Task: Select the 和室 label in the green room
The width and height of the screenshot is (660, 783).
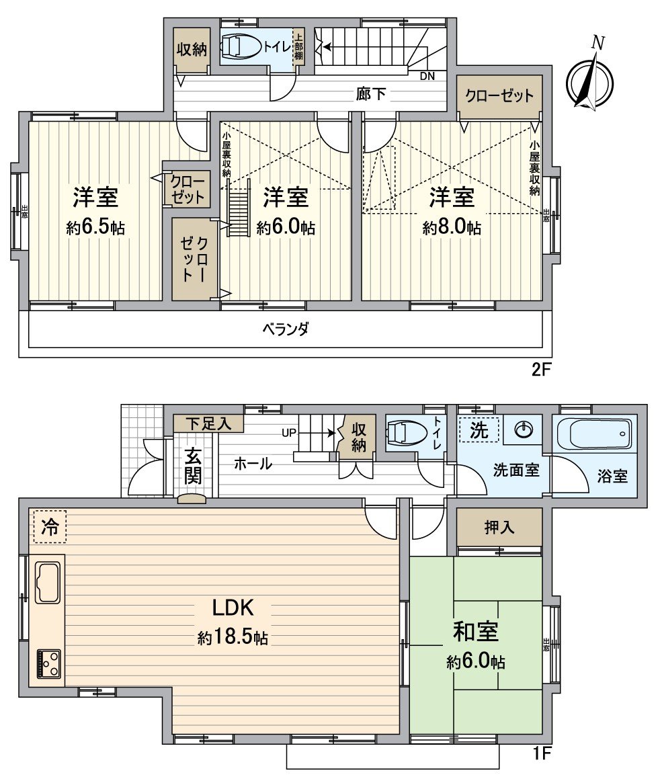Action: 475,632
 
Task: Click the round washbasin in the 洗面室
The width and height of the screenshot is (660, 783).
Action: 524,429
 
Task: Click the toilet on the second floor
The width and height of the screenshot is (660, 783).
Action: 241,47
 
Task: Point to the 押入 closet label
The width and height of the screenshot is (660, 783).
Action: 499,528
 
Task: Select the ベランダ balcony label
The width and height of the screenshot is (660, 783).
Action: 286,329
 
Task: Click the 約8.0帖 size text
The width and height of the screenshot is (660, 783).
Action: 452,228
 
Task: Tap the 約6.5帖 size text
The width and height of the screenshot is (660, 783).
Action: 95,228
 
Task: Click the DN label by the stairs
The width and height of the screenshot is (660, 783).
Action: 427,76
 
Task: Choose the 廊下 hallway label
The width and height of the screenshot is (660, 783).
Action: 371,95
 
